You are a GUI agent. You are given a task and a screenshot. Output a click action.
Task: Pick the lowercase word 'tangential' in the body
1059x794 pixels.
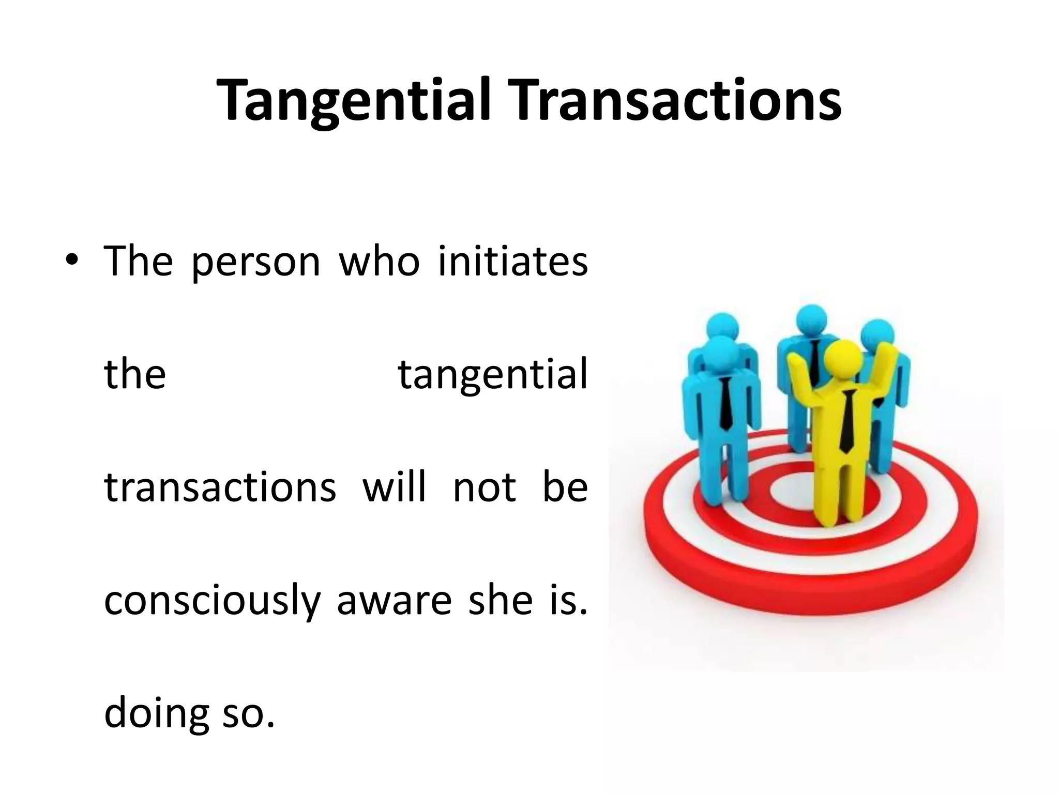click(x=493, y=375)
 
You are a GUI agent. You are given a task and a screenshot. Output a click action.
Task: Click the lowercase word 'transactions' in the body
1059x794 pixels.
click(x=220, y=487)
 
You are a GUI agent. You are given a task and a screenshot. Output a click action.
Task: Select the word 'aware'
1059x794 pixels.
click(x=394, y=601)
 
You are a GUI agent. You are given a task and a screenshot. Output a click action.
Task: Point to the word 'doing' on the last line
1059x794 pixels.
click(x=154, y=714)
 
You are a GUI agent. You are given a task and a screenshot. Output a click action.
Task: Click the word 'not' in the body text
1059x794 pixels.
click(x=485, y=487)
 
